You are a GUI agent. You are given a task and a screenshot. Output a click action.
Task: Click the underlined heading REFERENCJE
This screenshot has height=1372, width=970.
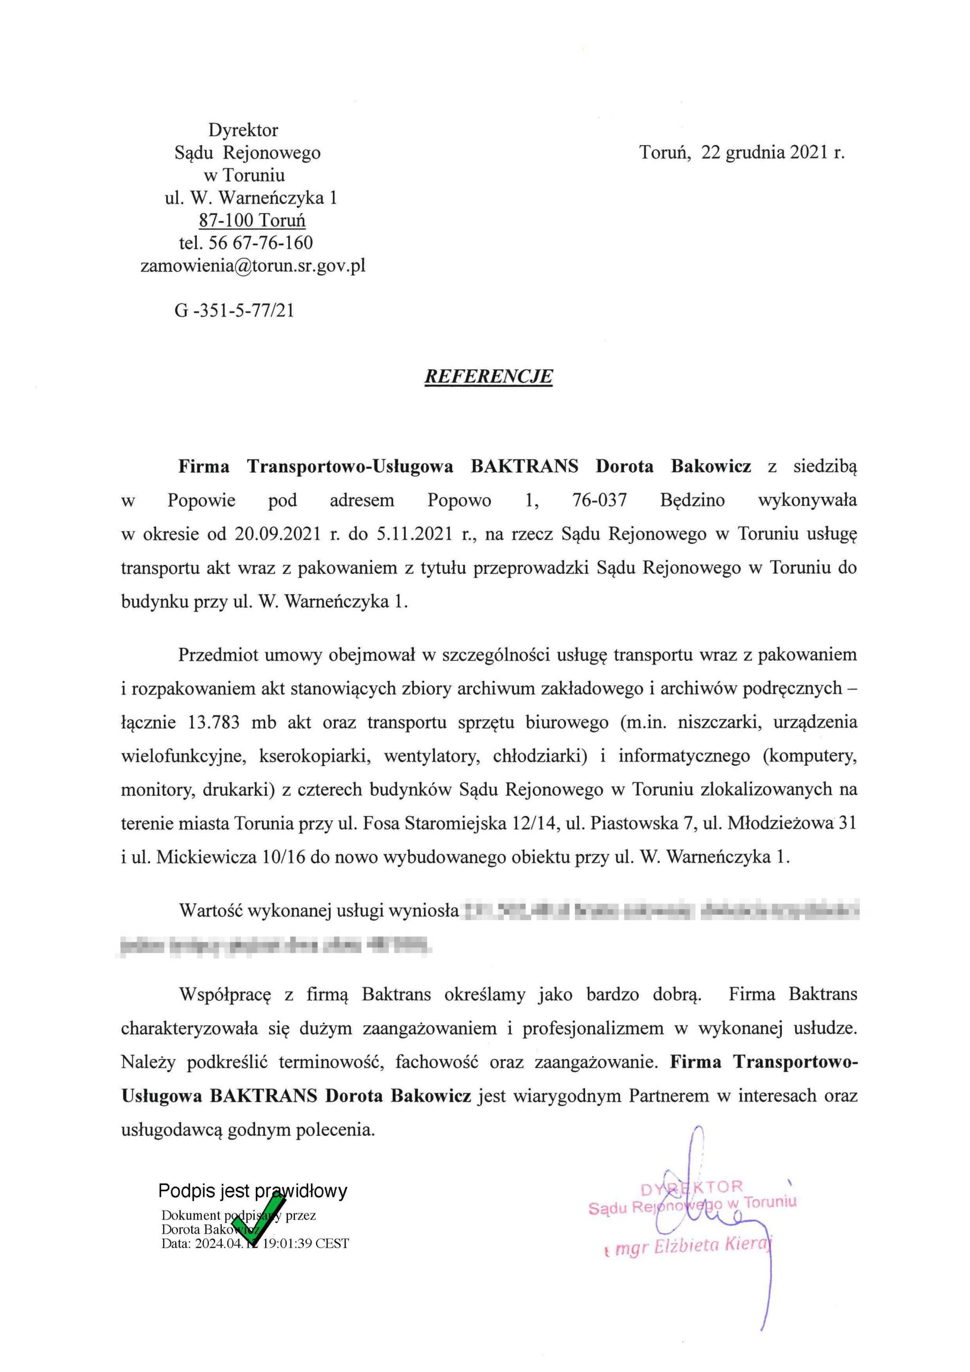pos(488,376)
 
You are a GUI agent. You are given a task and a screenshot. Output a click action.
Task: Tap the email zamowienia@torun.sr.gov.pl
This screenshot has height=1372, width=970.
pos(252,265)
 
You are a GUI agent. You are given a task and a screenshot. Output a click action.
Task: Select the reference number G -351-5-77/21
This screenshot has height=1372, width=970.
pos(234,311)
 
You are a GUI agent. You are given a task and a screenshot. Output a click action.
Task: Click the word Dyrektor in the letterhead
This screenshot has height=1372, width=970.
pos(243,130)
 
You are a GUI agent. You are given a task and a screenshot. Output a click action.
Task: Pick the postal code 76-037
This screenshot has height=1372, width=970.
pos(600,500)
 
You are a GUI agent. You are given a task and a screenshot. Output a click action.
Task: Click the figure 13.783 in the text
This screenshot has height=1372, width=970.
pos(214,722)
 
